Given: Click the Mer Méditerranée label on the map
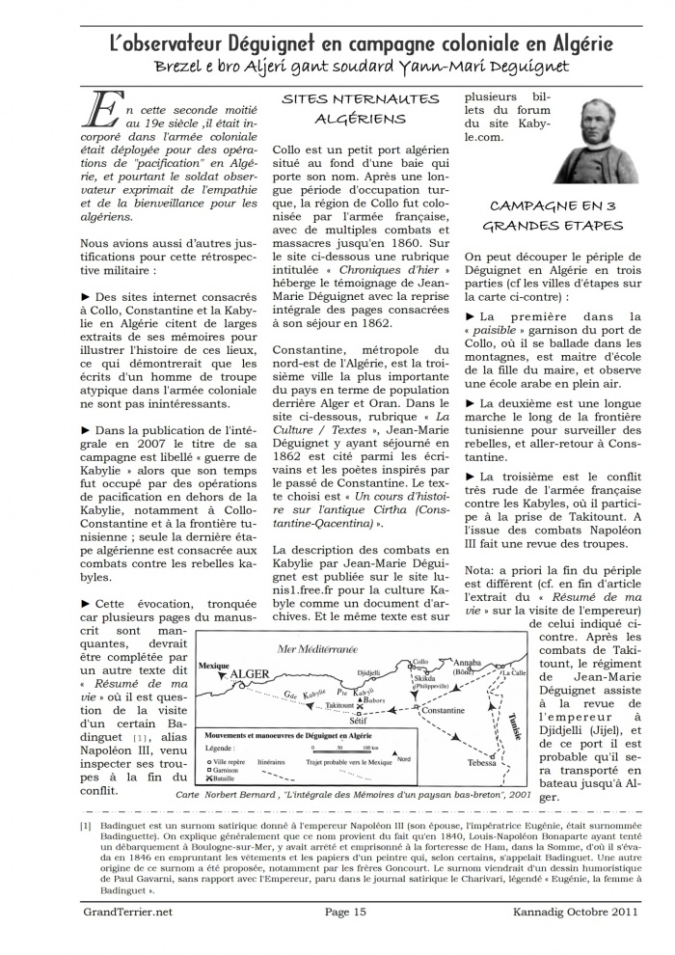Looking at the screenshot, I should click(x=317, y=649).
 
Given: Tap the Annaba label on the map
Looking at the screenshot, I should click(x=467, y=663).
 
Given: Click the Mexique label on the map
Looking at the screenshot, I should click(x=213, y=666).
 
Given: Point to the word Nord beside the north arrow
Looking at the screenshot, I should click(x=403, y=760).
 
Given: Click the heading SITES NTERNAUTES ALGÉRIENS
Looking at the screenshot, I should click(x=361, y=109).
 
